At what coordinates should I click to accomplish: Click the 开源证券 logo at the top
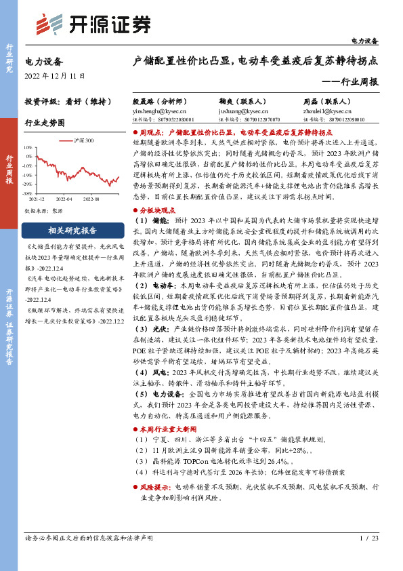pyautogui.click(x=94, y=24)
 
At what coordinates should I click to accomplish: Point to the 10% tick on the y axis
pyautogui.click(x=28, y=147)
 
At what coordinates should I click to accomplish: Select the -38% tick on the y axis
pyautogui.click(x=28, y=193)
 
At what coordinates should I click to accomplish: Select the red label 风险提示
pyautogui.click(x=156, y=467)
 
